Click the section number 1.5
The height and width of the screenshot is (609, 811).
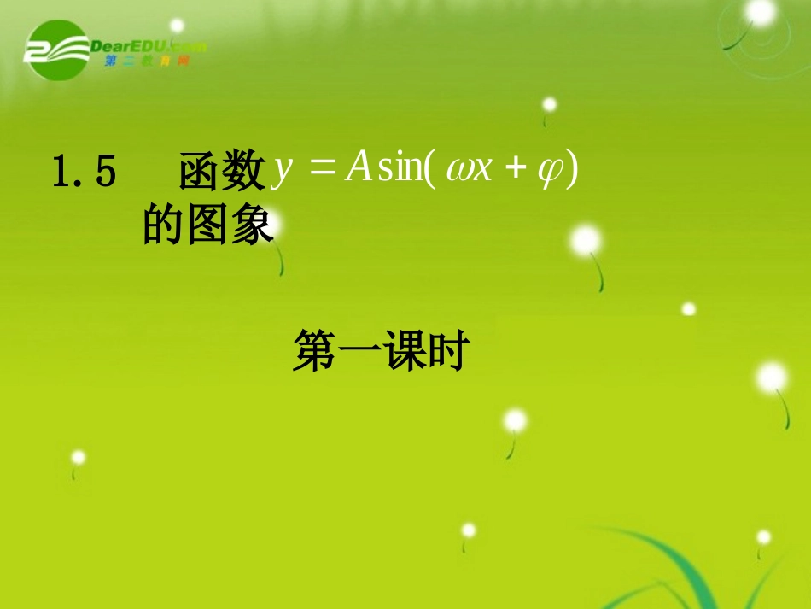84,172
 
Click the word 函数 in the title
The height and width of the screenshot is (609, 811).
222,172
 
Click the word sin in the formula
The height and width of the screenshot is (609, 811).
400,169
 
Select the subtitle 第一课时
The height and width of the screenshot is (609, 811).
378,352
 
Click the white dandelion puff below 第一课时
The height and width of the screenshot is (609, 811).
515,420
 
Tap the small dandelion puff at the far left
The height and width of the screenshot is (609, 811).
78,457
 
